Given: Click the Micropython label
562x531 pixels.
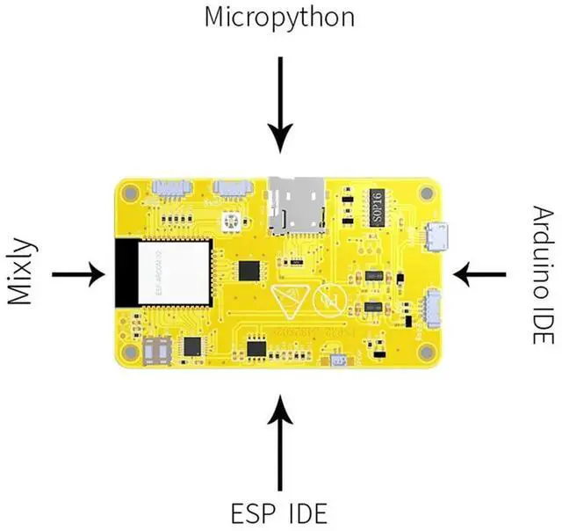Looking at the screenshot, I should (x=280, y=17).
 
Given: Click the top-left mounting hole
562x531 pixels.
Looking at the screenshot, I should (x=130, y=192).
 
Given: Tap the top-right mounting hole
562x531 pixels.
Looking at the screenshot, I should (x=427, y=193).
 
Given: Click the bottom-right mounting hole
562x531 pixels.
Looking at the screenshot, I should (x=427, y=353).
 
